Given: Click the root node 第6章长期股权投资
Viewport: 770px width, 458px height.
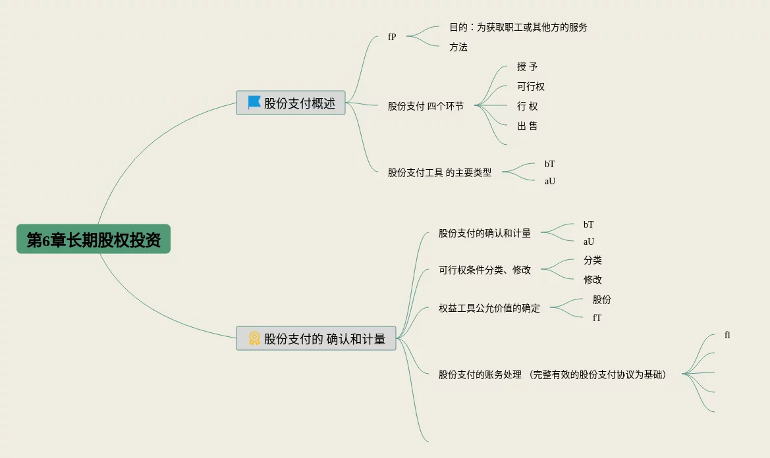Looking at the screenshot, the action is [94, 240].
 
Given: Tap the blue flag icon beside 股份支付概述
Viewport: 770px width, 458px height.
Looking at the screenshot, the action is [254, 103].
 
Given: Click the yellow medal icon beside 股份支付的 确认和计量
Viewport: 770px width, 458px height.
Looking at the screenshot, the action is [254, 339].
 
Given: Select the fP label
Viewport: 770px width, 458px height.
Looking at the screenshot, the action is [392, 37].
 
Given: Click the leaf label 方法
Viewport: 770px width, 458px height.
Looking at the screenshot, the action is [458, 47].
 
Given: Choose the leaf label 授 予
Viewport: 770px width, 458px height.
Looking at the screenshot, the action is [527, 67].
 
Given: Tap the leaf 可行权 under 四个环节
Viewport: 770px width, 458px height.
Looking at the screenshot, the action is [531, 87].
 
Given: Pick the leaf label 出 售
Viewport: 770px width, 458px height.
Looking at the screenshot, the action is [527, 126].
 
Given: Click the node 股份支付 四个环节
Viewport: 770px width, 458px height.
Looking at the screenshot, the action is [426, 106].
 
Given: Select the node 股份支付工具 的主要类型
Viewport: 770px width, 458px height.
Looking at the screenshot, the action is [439, 172].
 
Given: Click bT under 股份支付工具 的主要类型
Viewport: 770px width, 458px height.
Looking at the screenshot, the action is [549, 164].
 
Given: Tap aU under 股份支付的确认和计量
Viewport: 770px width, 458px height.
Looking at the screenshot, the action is [588, 242].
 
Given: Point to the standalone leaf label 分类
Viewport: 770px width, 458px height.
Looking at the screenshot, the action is [592, 261].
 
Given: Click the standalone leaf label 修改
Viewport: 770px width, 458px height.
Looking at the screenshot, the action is [592, 280].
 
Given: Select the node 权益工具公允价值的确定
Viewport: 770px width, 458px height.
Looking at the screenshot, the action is [489, 308].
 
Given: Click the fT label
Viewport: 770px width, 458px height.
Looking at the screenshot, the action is [597, 318].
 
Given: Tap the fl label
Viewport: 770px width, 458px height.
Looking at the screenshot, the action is [727, 336].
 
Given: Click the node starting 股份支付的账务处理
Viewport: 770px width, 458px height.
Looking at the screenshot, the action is [552, 375].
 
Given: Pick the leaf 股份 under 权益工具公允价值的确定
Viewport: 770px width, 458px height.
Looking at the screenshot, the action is [601, 299].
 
